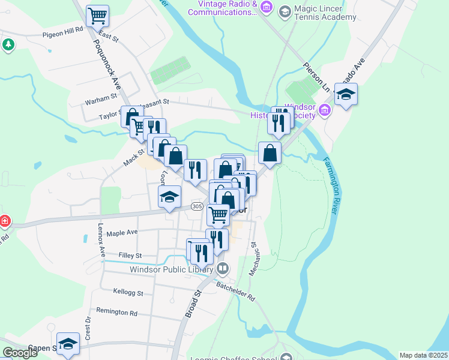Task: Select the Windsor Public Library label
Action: pos(171,269)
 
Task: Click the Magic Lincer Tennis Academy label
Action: pos(326,13)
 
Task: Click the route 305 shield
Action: pos(197,206)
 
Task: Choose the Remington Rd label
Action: pos(116,313)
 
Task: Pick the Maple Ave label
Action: pos(124,232)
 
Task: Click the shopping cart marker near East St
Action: pos(97,16)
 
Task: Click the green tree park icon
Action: pos(8,44)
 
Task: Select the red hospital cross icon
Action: pos(4,221)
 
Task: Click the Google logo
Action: pos(20,353)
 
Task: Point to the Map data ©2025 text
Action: pos(423,355)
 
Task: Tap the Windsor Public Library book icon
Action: pos(222,268)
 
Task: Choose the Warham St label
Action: pos(101,97)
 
